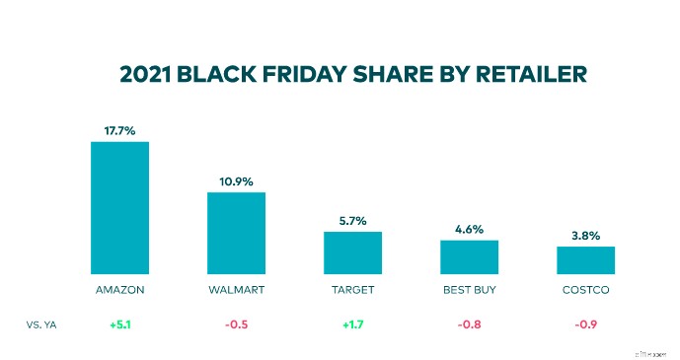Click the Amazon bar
(x=120, y=207)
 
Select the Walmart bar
(x=236, y=233)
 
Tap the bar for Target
(x=353, y=252)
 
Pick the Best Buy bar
(x=469, y=256)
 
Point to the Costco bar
(x=585, y=259)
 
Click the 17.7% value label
(x=120, y=129)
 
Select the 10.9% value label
(x=236, y=180)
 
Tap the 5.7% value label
(x=353, y=220)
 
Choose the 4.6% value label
(x=469, y=229)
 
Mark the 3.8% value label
(x=585, y=235)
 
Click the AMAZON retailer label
(x=120, y=291)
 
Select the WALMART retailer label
(x=236, y=291)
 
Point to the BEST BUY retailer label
(x=469, y=291)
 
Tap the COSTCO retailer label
(x=585, y=291)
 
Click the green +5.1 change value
(x=120, y=323)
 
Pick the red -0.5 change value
(x=236, y=323)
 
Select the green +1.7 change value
(x=353, y=323)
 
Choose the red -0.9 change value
(x=585, y=323)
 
